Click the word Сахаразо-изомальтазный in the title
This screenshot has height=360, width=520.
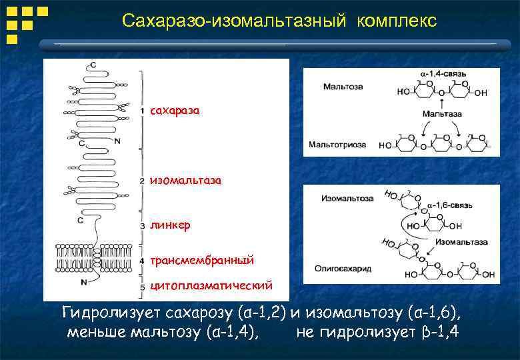[x=234, y=21]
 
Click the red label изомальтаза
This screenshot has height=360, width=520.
[x=185, y=180]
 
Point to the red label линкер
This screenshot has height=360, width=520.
[x=170, y=225]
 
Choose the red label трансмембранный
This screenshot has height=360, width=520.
[x=202, y=260]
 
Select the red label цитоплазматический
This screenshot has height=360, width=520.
[x=211, y=286]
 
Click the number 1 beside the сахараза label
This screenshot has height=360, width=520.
[x=143, y=109]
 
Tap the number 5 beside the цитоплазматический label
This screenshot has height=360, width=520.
[x=143, y=287]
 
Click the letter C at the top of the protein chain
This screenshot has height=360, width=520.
[x=93, y=65]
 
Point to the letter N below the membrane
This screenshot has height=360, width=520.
[x=85, y=282]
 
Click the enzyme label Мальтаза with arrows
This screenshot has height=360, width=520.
[x=442, y=114]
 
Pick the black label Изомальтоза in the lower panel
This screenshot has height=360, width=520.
[x=343, y=198]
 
